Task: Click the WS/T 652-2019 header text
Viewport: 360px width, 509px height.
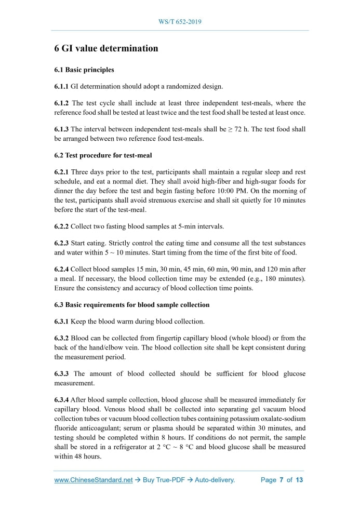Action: (180, 22)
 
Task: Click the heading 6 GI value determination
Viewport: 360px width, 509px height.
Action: (106, 48)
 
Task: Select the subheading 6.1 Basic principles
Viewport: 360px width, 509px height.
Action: (84, 70)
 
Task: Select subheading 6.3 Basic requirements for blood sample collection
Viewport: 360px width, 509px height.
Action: (132, 304)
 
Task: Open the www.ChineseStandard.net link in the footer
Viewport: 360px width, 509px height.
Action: (94, 480)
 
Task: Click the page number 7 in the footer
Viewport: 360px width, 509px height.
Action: (281, 480)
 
